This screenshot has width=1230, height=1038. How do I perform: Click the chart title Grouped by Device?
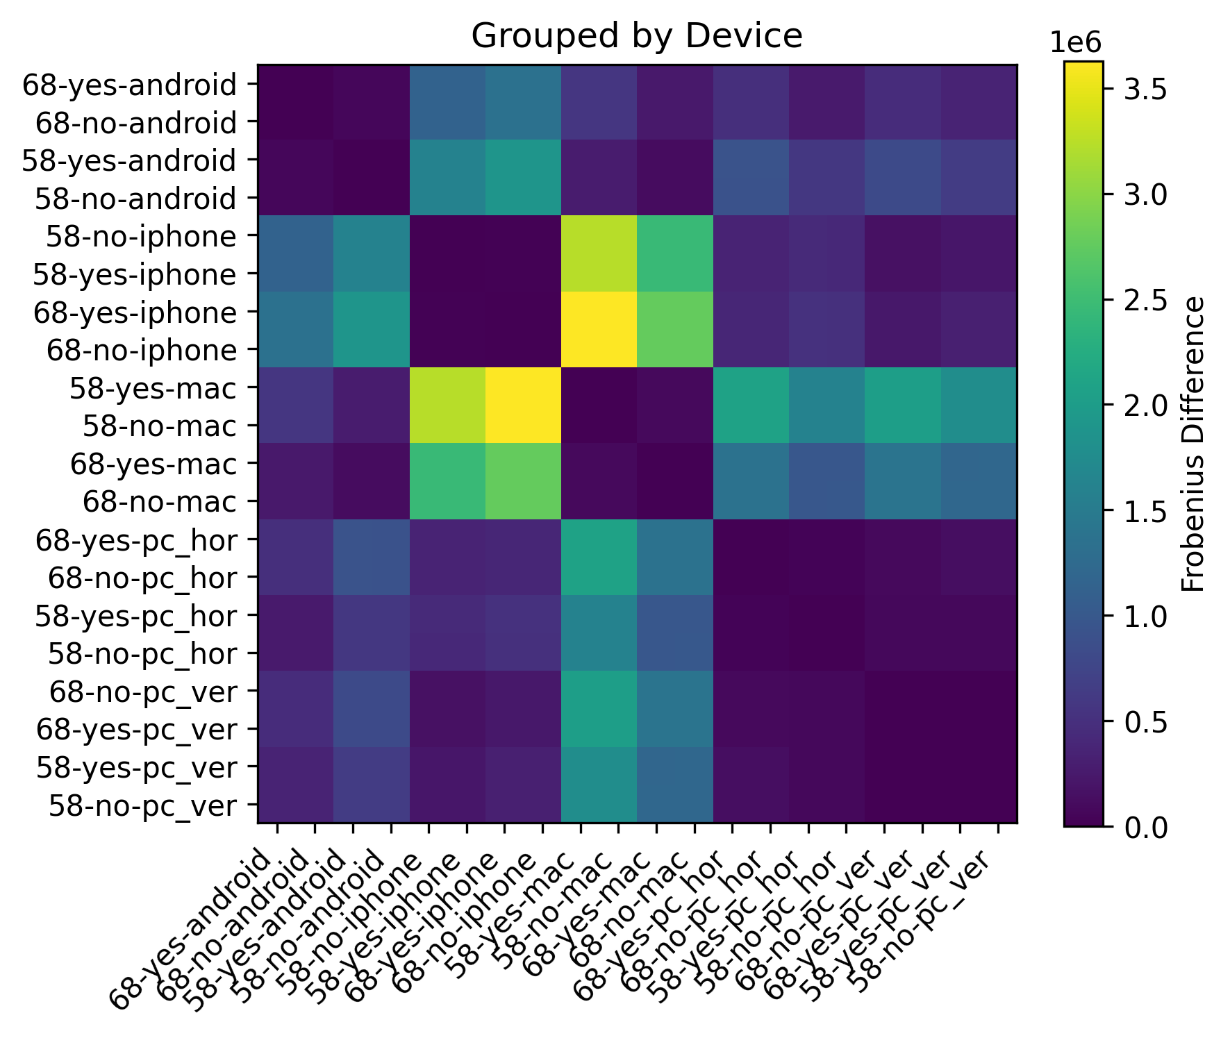pos(636,36)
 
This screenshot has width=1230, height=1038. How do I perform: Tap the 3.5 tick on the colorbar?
pos(1139,90)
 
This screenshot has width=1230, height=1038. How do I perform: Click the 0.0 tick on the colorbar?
pos(1139,827)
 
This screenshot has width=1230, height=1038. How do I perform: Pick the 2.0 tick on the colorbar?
pos(1139,405)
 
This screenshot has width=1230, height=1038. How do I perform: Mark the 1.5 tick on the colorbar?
pos(1139,511)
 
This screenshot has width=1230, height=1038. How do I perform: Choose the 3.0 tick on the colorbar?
pos(1139,195)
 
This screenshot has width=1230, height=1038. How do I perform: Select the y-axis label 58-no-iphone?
pos(142,237)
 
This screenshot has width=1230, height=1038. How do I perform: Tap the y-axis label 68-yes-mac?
pos(153,464)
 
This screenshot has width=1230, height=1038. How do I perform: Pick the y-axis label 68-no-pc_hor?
pos(142,578)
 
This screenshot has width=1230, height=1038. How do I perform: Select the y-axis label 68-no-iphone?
pos(142,351)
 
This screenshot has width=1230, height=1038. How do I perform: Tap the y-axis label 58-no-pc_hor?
pos(142,653)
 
